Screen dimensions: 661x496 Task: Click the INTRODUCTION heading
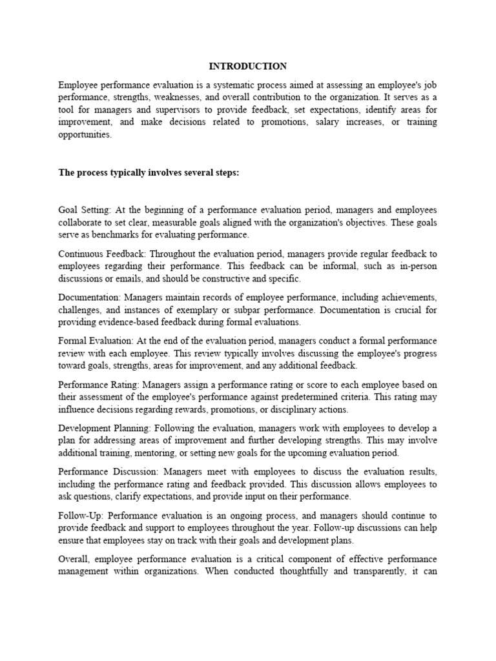coord(248,66)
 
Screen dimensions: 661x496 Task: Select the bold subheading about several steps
coord(149,172)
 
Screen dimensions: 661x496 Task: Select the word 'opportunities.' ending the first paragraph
coord(85,135)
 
